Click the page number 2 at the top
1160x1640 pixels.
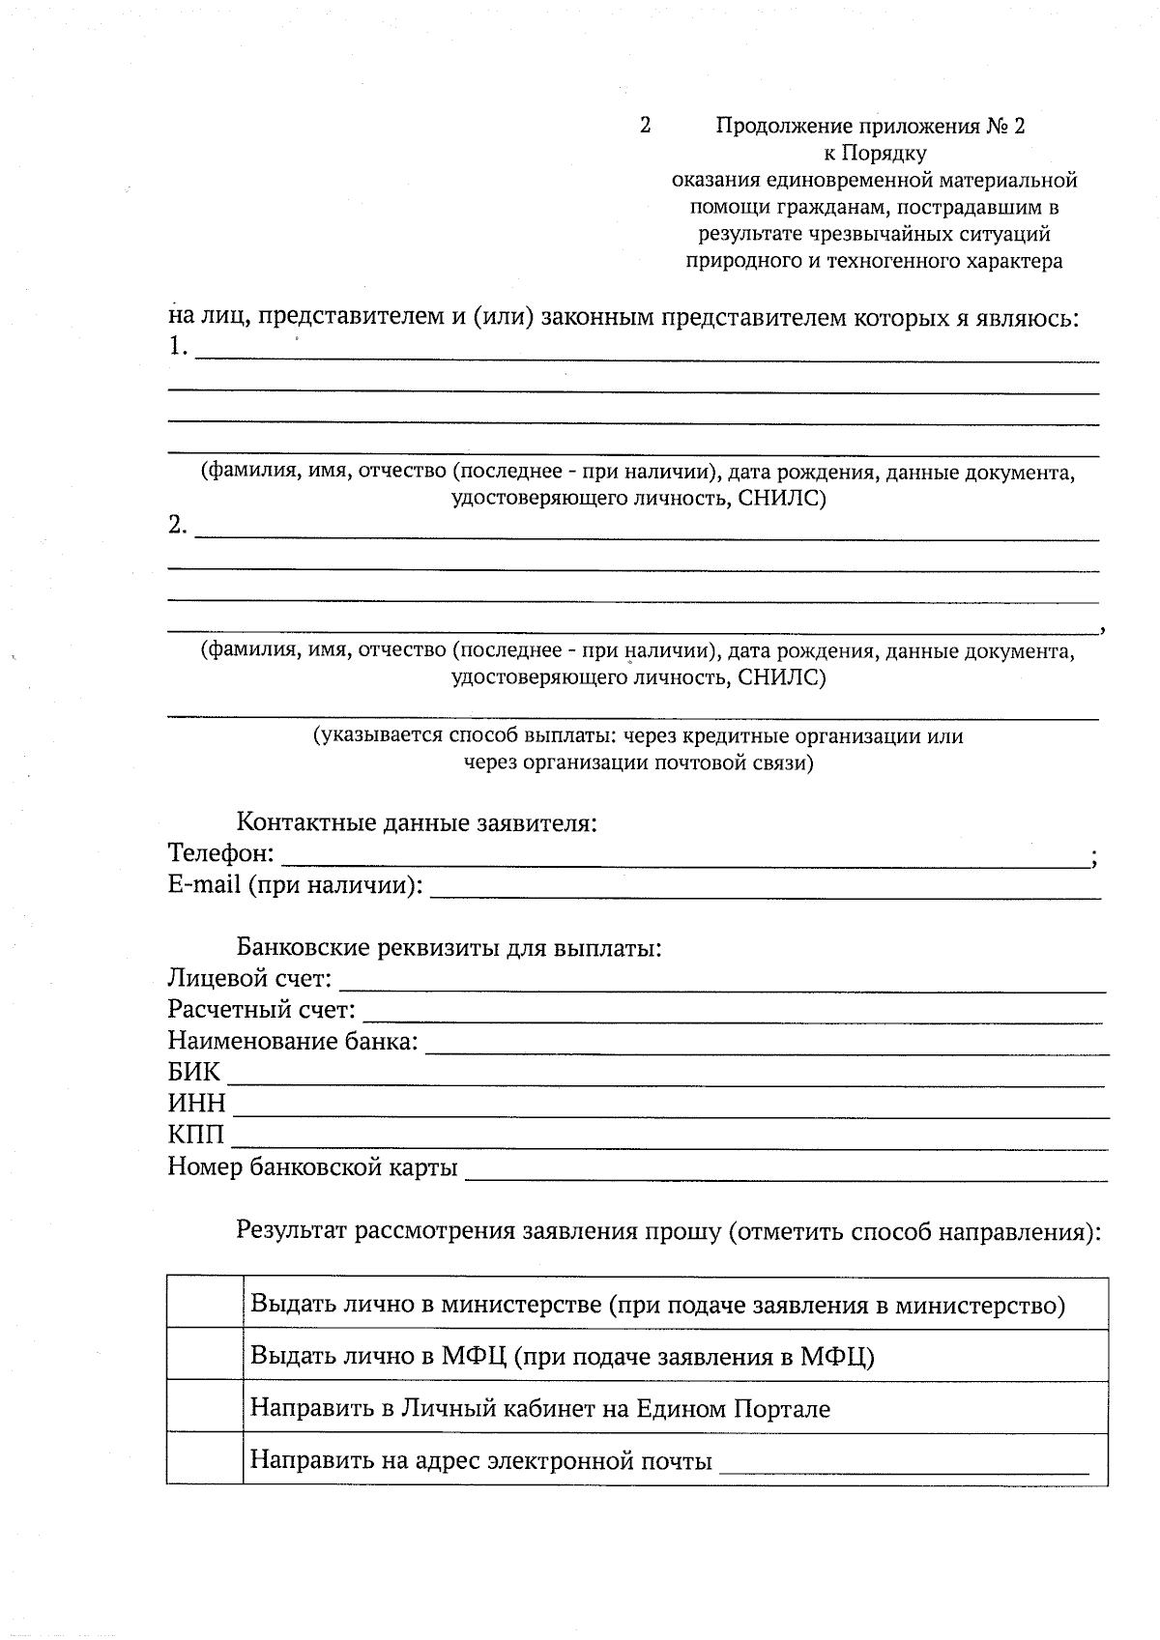pyautogui.click(x=645, y=126)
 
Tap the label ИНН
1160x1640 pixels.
pyautogui.click(x=196, y=1104)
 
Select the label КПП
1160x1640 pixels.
pyautogui.click(x=195, y=1135)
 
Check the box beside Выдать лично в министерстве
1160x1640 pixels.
pyautogui.click(x=204, y=1302)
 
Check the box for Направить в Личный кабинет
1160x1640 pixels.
pyautogui.click(x=204, y=1405)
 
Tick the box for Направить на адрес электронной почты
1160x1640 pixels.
pyautogui.click(x=204, y=1457)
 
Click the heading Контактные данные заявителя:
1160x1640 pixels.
pyautogui.click(x=417, y=823)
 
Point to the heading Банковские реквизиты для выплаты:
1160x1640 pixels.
pyautogui.click(x=449, y=947)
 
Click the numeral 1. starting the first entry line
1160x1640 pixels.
pyautogui.click(x=178, y=346)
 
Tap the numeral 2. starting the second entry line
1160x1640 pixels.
pyautogui.click(x=178, y=525)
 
